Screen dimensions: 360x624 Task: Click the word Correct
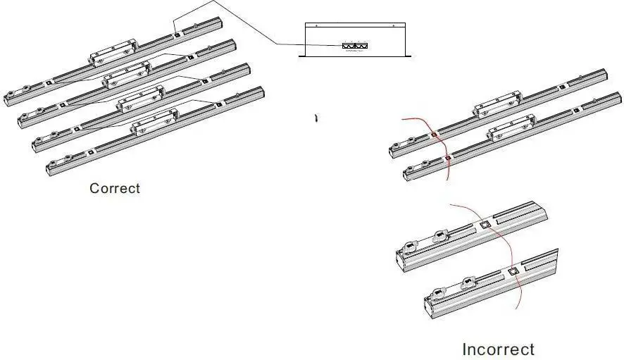[x=115, y=188]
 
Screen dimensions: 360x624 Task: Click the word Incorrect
[x=498, y=349]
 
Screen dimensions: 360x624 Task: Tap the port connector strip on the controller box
[x=355, y=46]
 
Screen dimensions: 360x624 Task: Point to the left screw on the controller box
[x=316, y=26]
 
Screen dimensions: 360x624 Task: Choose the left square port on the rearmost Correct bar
[x=48, y=83]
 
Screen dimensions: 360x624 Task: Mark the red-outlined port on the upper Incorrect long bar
[x=434, y=134]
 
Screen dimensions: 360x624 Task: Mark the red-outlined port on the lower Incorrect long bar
[x=448, y=159]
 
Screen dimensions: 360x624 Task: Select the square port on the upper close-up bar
[x=484, y=225]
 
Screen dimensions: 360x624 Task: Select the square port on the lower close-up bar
[x=513, y=271]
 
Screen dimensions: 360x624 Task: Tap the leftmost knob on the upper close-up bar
[x=410, y=247]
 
